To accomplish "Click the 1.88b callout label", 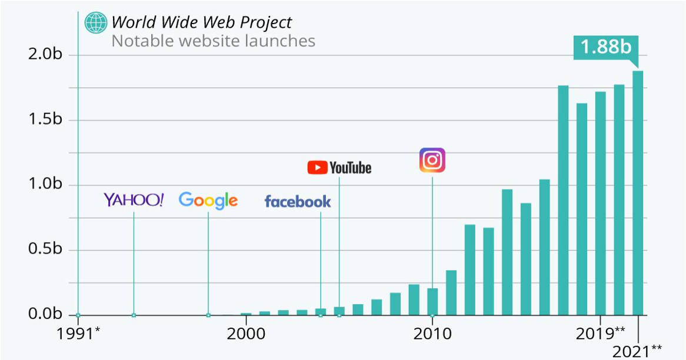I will click(605, 48).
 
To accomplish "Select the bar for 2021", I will click(638, 194).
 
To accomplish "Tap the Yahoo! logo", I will click(134, 200).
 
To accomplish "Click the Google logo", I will click(208, 201).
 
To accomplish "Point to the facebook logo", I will click(298, 202).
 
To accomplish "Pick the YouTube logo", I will click(339, 168).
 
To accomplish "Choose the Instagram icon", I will click(432, 160).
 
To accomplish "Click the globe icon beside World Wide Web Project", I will click(95, 22).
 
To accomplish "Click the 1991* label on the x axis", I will click(78, 334).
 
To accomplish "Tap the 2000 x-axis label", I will click(245, 334).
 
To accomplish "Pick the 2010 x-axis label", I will click(432, 334).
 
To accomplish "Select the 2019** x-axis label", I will click(601, 333).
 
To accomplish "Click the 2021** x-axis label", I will click(638, 352).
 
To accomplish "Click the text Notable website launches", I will click(213, 41).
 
